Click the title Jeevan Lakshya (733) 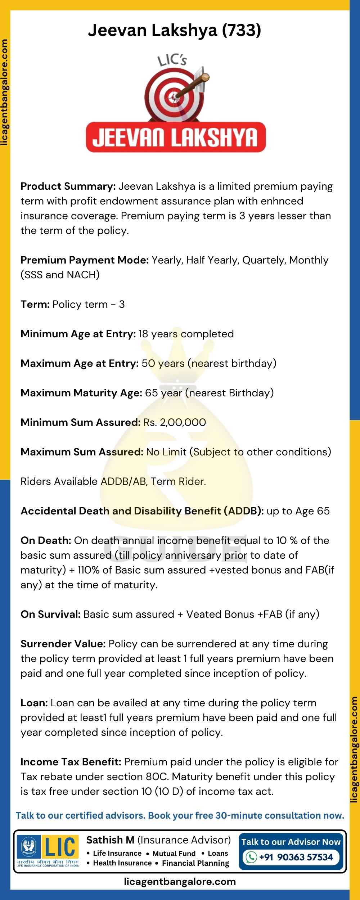point(175,31)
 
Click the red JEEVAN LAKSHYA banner point(176,138)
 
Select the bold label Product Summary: point(68,186)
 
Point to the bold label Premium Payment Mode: point(85,260)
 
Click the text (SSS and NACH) point(60,275)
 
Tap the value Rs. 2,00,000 point(175,422)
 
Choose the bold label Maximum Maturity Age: point(81,393)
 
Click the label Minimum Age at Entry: point(78,334)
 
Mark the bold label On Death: point(46,540)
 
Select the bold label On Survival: point(50,614)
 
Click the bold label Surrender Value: point(63,644)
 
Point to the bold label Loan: point(34,703)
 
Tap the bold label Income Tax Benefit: point(71,762)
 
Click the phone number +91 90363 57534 point(296,857)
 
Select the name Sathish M point(110,840)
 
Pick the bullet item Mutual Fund point(174,853)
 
